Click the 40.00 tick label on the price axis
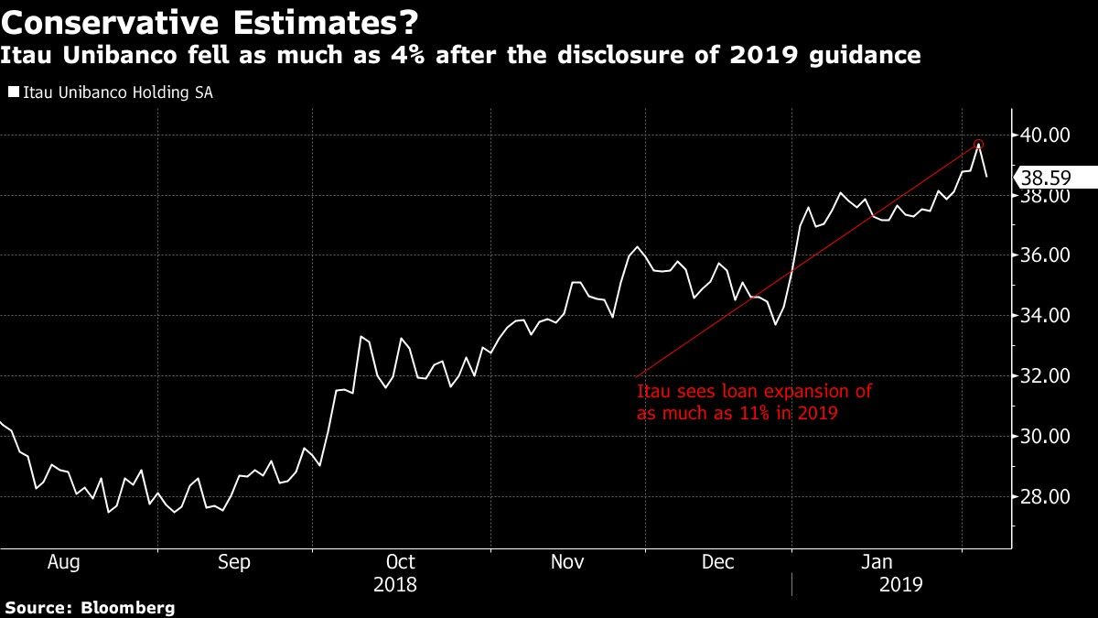(1045, 135)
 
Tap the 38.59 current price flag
(1056, 177)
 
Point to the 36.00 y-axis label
(1045, 255)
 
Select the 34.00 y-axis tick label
(1045, 315)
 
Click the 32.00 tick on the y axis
(1045, 376)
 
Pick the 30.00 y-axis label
(1045, 437)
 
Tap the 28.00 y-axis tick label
(1045, 497)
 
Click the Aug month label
(64, 562)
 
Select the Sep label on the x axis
(234, 562)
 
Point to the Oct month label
(401, 561)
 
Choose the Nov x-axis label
(567, 561)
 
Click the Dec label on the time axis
(717, 561)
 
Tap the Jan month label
(877, 561)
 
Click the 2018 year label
(395, 585)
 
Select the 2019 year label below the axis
(901, 585)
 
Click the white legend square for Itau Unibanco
(14, 92)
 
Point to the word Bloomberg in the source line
(127, 608)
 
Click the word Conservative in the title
(110, 23)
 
